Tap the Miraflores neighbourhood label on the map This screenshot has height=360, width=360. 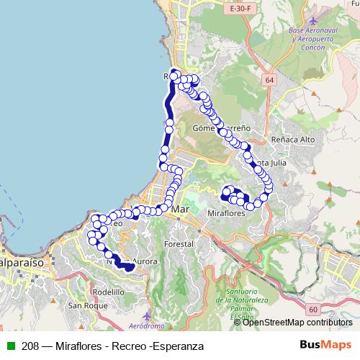pyautogui.click(x=227, y=214)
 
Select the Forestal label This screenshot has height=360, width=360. pyautogui.click(x=179, y=245)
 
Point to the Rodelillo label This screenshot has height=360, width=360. pyautogui.click(x=108, y=292)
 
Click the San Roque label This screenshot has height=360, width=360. pyautogui.click(x=84, y=305)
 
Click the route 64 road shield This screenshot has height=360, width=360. pyautogui.click(x=269, y=81)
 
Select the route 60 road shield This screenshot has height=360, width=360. pyautogui.click(x=312, y=309)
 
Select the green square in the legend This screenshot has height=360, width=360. pyautogui.click(x=11, y=346)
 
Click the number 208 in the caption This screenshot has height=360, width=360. pyautogui.click(x=30, y=346)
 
